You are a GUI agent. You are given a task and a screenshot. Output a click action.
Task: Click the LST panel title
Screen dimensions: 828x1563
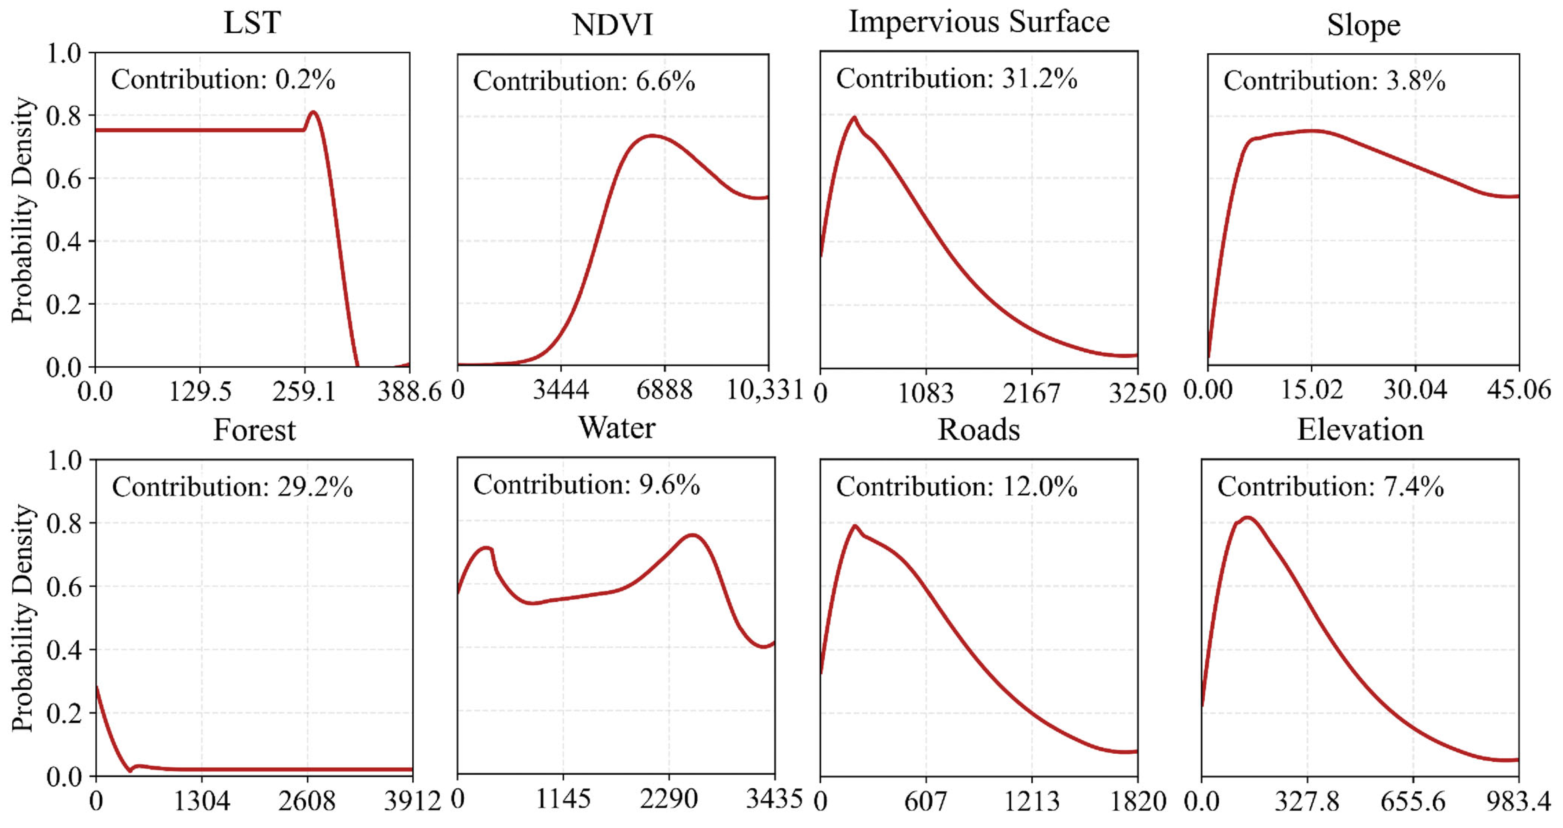pos(252,23)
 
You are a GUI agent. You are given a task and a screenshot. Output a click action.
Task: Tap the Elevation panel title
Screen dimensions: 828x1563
pos(1360,430)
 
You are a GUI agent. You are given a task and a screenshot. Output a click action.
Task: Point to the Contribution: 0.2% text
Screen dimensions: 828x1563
pos(223,79)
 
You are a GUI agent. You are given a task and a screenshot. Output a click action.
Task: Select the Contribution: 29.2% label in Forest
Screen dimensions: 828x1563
pos(232,487)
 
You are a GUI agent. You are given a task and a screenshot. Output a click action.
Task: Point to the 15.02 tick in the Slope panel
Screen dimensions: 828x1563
pos(1312,389)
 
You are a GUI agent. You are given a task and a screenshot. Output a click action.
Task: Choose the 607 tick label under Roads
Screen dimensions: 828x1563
pos(925,802)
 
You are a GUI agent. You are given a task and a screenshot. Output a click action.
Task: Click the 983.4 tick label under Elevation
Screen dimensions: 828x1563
pos(1518,802)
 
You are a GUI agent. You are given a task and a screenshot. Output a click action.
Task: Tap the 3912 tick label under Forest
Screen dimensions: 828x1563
pos(412,802)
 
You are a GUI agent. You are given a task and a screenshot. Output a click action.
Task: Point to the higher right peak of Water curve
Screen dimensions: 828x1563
pos(692,535)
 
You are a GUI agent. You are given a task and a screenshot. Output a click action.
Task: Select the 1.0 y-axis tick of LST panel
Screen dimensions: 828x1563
pos(63,53)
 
